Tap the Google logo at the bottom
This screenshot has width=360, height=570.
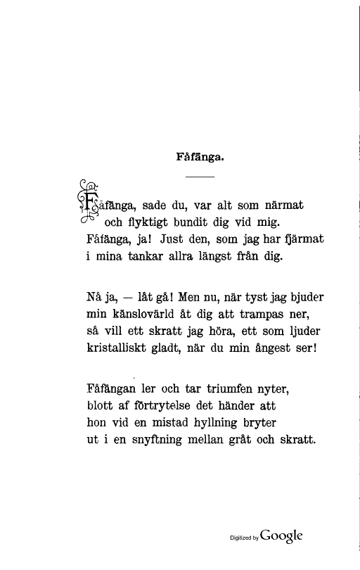281,534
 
